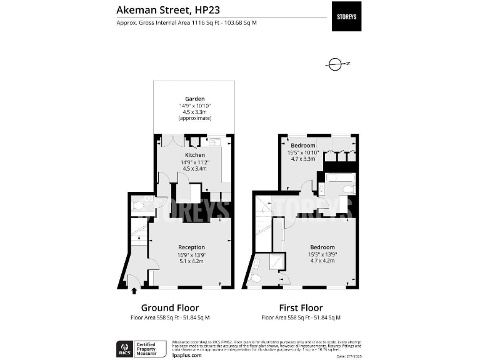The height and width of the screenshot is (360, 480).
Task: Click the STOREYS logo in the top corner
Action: tap(346, 16)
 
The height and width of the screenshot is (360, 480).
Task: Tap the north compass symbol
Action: tap(336, 64)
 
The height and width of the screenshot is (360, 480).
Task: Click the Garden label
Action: tap(194, 98)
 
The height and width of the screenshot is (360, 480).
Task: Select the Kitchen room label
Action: tap(195, 154)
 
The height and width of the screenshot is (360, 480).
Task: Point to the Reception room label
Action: tap(191, 247)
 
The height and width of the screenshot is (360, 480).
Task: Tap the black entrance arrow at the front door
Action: tap(134, 290)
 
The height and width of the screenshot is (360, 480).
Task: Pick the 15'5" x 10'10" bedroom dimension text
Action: tap(303, 152)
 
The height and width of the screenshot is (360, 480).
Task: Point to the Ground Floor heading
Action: tap(170, 307)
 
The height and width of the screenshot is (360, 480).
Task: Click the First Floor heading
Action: tap(301, 307)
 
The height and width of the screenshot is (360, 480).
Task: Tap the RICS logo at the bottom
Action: tap(124, 347)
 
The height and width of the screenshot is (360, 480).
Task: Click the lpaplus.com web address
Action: tap(187, 355)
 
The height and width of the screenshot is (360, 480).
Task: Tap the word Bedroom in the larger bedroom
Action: tap(322, 247)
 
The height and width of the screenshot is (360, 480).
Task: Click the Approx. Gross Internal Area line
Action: tap(186, 23)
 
